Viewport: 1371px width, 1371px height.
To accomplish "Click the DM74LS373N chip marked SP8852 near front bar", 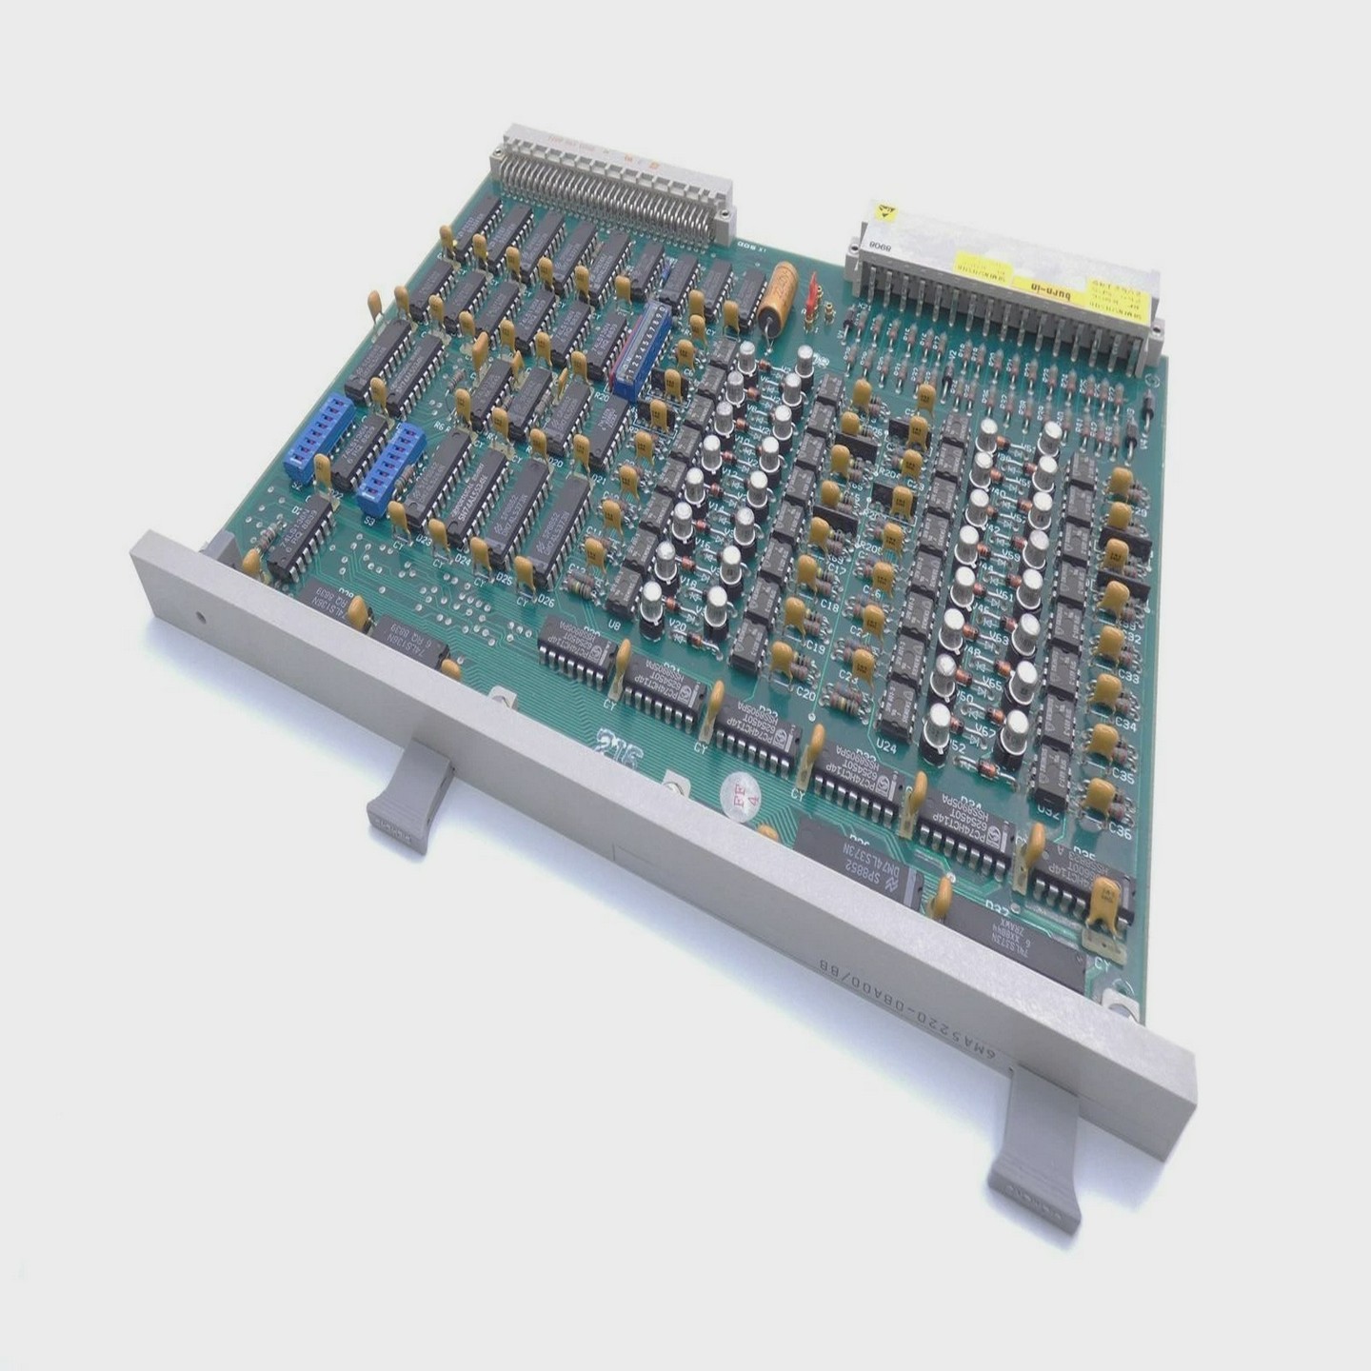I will coord(852,857).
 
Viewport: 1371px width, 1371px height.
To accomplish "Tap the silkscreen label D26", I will coord(546,601).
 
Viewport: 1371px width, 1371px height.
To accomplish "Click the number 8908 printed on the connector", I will coord(877,245).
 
